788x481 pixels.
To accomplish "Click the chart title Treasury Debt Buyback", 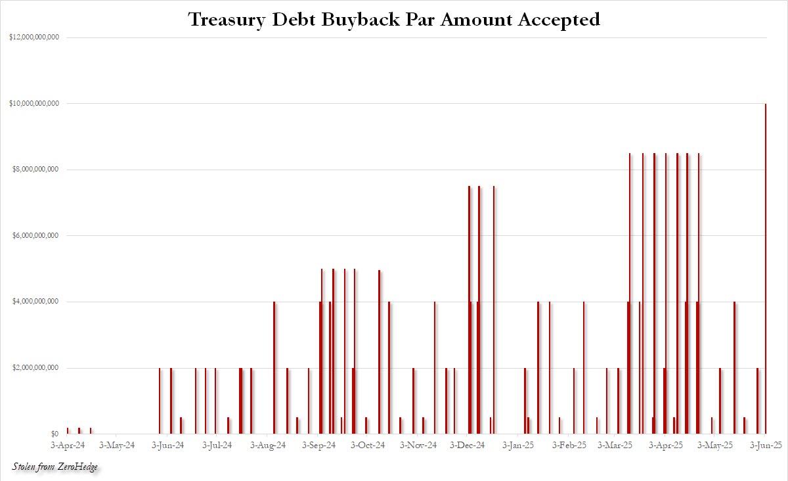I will click(x=394, y=20).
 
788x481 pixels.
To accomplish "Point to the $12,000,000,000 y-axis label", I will click(x=34, y=37).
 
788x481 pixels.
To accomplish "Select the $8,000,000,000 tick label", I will click(x=34, y=170).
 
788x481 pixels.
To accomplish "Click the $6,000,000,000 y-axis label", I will click(x=34, y=236).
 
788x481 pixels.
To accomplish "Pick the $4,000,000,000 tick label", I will click(x=34, y=302).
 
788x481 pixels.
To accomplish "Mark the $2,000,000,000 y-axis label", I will click(x=34, y=368).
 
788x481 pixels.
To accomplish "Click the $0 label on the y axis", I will click(x=55, y=434).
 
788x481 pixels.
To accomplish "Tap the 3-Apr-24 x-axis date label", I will click(x=68, y=446).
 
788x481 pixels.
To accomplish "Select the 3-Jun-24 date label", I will click(x=169, y=446).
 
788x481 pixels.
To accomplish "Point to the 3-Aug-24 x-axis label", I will click(x=268, y=446).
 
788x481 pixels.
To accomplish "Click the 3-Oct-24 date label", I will click(x=368, y=446).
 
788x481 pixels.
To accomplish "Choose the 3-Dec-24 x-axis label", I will click(x=467, y=446).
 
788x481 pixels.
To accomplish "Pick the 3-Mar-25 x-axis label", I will click(x=615, y=446).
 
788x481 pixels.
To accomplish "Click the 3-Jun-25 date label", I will click(x=766, y=446).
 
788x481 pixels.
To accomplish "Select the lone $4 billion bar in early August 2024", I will click(x=274, y=368).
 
